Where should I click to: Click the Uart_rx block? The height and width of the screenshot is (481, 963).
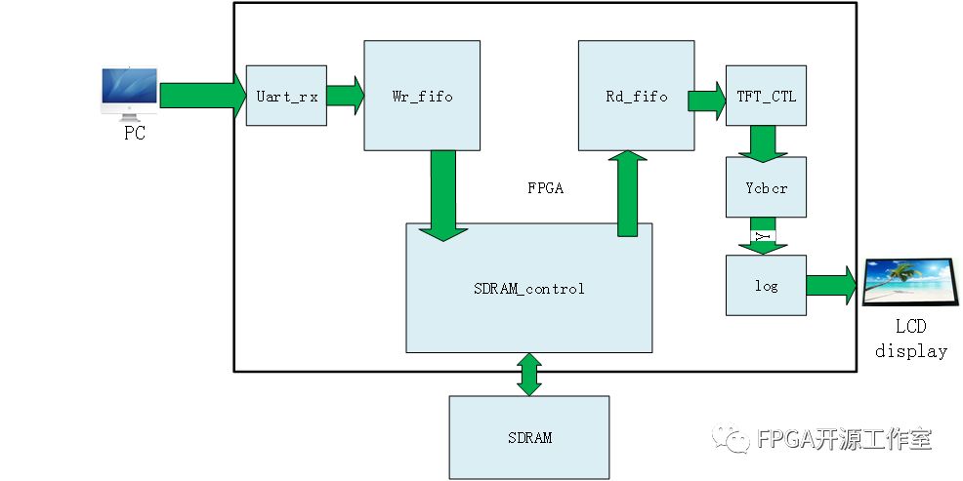(x=285, y=96)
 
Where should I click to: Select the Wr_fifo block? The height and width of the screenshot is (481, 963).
(x=421, y=96)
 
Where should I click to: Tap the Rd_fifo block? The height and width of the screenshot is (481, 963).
(x=636, y=96)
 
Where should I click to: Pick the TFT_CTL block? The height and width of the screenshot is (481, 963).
(x=767, y=96)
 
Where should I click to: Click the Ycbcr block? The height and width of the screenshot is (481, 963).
(x=767, y=186)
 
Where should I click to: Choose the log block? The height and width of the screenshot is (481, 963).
(x=767, y=285)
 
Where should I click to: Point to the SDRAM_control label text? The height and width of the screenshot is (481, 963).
(x=528, y=288)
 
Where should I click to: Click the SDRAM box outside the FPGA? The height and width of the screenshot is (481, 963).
(x=528, y=437)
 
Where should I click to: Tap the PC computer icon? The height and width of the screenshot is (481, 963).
(x=130, y=92)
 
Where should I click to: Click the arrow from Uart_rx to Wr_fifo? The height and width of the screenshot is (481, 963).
(x=344, y=96)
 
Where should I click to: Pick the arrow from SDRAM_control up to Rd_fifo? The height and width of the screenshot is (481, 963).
(x=627, y=193)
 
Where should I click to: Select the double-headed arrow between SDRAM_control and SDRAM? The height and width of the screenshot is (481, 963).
(x=528, y=375)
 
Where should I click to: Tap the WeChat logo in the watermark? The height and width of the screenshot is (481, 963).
(x=733, y=440)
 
